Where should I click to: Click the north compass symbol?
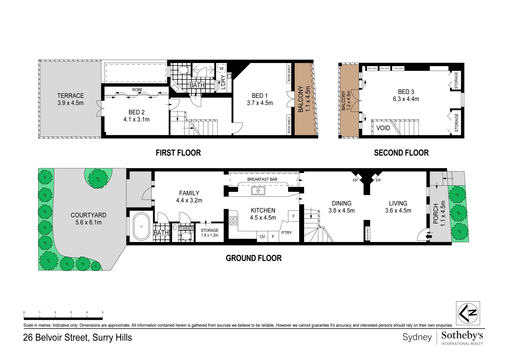coord(468,313)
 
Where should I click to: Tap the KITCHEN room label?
coord(263,210)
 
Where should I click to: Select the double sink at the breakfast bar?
coord(258,191)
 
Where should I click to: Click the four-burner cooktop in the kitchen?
coord(233,221)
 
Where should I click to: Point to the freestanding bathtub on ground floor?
coord(141,227)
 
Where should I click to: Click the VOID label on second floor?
coord(383,128)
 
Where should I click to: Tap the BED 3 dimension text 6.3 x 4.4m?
coord(406,99)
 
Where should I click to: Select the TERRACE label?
coord(70,96)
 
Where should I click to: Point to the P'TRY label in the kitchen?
coord(286,233)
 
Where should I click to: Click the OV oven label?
coord(262,237)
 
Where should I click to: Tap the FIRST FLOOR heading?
coord(178,153)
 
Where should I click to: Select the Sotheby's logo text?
coord(462,335)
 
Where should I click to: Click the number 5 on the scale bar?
coord(102,312)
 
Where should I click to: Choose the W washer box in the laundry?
coord(221,69)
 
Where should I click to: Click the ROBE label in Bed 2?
coord(137,90)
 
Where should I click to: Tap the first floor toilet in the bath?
coord(182,70)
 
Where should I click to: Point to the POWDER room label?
coord(186,228)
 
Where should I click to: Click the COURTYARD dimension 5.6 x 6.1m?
coord(88,222)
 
